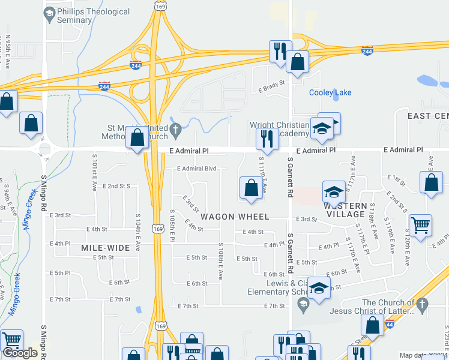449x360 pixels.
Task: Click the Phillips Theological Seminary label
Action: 93,16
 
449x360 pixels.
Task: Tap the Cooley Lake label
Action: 330,92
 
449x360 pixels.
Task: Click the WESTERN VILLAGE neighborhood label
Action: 345,210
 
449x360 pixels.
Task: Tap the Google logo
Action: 20,353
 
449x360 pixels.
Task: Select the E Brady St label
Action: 271,89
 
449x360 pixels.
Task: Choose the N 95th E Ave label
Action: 8,53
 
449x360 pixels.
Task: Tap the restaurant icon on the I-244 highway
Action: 279,52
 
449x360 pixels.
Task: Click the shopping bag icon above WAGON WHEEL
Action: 250,188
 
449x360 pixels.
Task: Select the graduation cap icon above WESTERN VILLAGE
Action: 334,192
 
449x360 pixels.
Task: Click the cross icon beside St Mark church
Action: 176,129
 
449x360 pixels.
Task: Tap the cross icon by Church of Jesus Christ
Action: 423,304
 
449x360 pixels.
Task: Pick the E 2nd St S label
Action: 116,186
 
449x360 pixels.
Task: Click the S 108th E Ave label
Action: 221,261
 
